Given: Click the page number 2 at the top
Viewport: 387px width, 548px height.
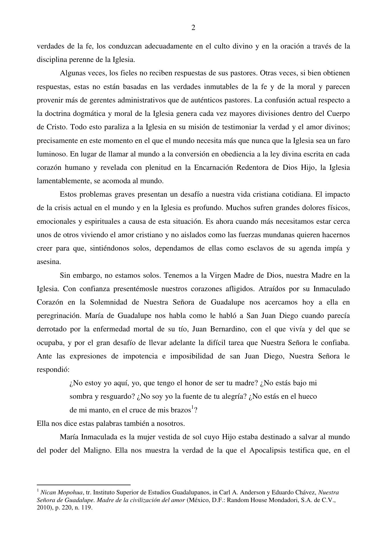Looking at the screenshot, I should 193,28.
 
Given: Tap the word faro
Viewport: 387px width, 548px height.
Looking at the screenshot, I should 343,141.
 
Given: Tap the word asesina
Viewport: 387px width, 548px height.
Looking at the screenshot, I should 48,262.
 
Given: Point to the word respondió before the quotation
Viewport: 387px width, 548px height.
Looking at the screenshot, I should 53,370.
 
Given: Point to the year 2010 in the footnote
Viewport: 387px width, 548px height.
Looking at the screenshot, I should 43,508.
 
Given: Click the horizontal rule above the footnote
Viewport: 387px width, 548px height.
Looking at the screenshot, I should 84,485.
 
